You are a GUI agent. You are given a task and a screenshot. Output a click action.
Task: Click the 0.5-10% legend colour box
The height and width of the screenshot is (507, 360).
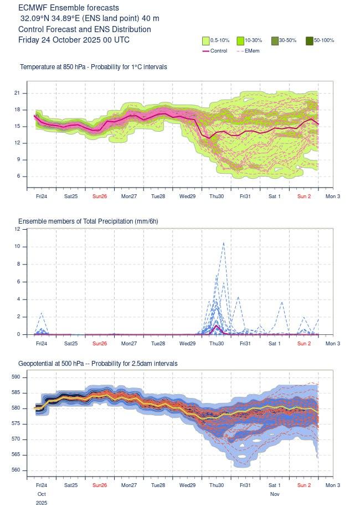(206, 40)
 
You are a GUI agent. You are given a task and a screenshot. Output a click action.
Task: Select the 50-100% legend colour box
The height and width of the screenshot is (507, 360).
(310, 40)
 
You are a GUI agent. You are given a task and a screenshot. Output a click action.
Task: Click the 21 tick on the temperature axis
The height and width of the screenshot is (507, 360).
(17, 93)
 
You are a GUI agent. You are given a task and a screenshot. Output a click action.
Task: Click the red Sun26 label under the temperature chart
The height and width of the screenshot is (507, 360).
(100, 196)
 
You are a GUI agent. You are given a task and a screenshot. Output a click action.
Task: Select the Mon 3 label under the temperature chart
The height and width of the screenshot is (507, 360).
(332, 196)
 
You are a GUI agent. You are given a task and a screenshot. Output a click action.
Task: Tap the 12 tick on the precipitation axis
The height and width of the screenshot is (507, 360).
(17, 229)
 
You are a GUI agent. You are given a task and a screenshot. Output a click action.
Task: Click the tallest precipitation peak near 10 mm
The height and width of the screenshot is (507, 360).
(223, 242)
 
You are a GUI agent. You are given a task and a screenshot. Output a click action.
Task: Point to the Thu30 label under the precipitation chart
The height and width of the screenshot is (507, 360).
(217, 343)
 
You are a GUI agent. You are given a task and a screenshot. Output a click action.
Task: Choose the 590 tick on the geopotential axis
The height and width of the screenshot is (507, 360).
(16, 377)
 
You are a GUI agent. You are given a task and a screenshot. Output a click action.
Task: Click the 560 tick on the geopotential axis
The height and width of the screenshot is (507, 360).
(16, 470)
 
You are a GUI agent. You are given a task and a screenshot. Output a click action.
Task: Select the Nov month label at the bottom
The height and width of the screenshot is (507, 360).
(275, 493)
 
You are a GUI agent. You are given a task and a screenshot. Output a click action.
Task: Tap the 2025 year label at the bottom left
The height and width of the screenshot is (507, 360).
(41, 503)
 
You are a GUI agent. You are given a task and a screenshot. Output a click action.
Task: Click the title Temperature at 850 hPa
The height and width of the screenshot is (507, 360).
(93, 67)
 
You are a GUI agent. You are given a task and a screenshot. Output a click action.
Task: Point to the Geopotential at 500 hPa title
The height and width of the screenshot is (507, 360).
(97, 364)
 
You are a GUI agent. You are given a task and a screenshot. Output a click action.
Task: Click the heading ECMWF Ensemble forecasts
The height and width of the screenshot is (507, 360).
(68, 8)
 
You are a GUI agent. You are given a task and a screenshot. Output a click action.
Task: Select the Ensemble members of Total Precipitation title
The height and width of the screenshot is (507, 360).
(88, 221)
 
